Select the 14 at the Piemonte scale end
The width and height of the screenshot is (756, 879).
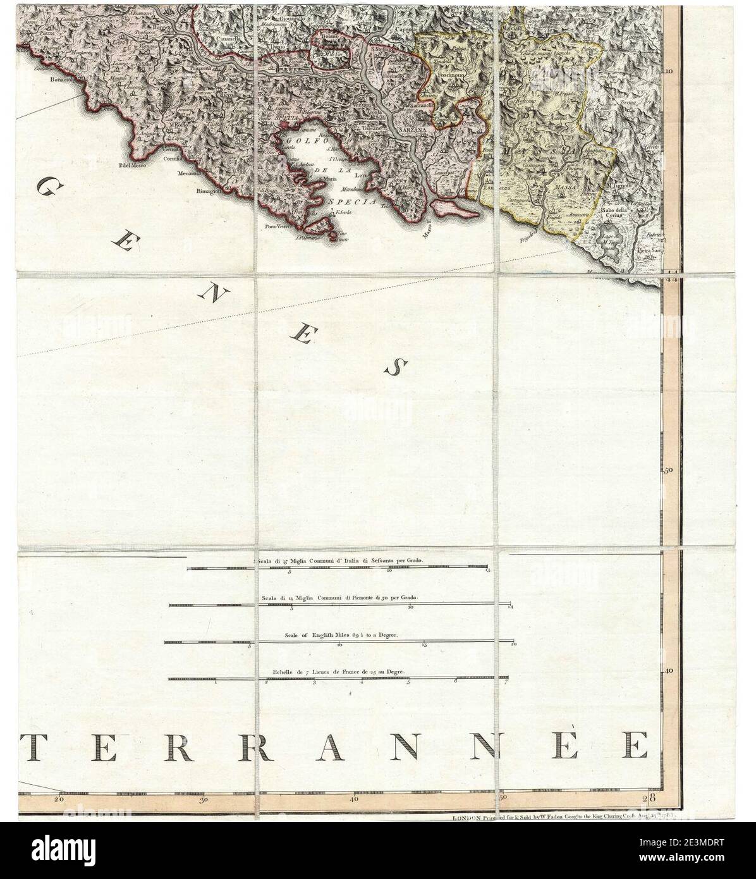click(510, 608)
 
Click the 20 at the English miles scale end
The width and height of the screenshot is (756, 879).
click(515, 645)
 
